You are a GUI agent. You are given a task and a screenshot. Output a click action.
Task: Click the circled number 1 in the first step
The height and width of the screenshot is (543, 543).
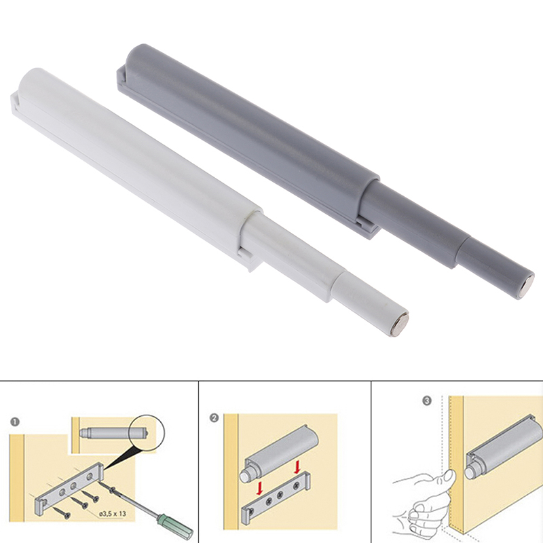15,422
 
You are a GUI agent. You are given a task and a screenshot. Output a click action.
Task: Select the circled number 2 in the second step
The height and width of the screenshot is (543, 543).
214,418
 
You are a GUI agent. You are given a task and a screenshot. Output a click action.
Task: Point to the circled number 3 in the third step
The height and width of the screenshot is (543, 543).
427,401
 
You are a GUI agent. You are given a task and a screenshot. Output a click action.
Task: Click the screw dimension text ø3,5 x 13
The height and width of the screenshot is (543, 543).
113,514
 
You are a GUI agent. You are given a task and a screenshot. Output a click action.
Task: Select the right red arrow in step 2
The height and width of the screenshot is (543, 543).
297,468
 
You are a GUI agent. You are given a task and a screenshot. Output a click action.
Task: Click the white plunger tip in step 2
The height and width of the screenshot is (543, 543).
246,476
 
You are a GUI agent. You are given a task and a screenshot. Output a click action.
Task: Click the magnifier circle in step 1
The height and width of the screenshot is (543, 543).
147,432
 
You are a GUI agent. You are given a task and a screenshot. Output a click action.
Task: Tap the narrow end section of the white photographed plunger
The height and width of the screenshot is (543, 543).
371,305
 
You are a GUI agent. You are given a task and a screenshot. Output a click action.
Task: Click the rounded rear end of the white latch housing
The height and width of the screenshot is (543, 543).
32,81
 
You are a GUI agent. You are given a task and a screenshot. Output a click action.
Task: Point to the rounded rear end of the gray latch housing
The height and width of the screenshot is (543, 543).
139,57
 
